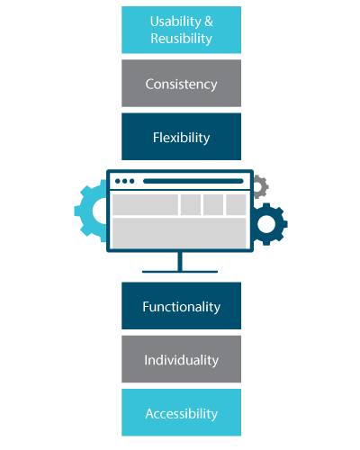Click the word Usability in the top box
[175, 22]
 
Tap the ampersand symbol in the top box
[209, 22]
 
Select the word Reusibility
[181, 39]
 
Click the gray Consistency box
[181, 83]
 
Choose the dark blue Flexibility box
[181, 137]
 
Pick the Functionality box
[181, 306]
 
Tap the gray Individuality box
[181, 359]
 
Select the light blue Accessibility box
[181, 412]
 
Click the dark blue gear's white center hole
[266, 224]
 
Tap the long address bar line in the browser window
[193, 181]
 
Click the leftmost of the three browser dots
[118, 181]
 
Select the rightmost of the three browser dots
[131, 181]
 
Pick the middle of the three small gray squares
[213, 204]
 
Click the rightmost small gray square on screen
[236, 204]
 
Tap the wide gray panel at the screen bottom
[179, 233]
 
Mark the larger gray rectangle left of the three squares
[145, 204]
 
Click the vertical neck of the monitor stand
[180, 261]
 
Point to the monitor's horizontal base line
[180, 272]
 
